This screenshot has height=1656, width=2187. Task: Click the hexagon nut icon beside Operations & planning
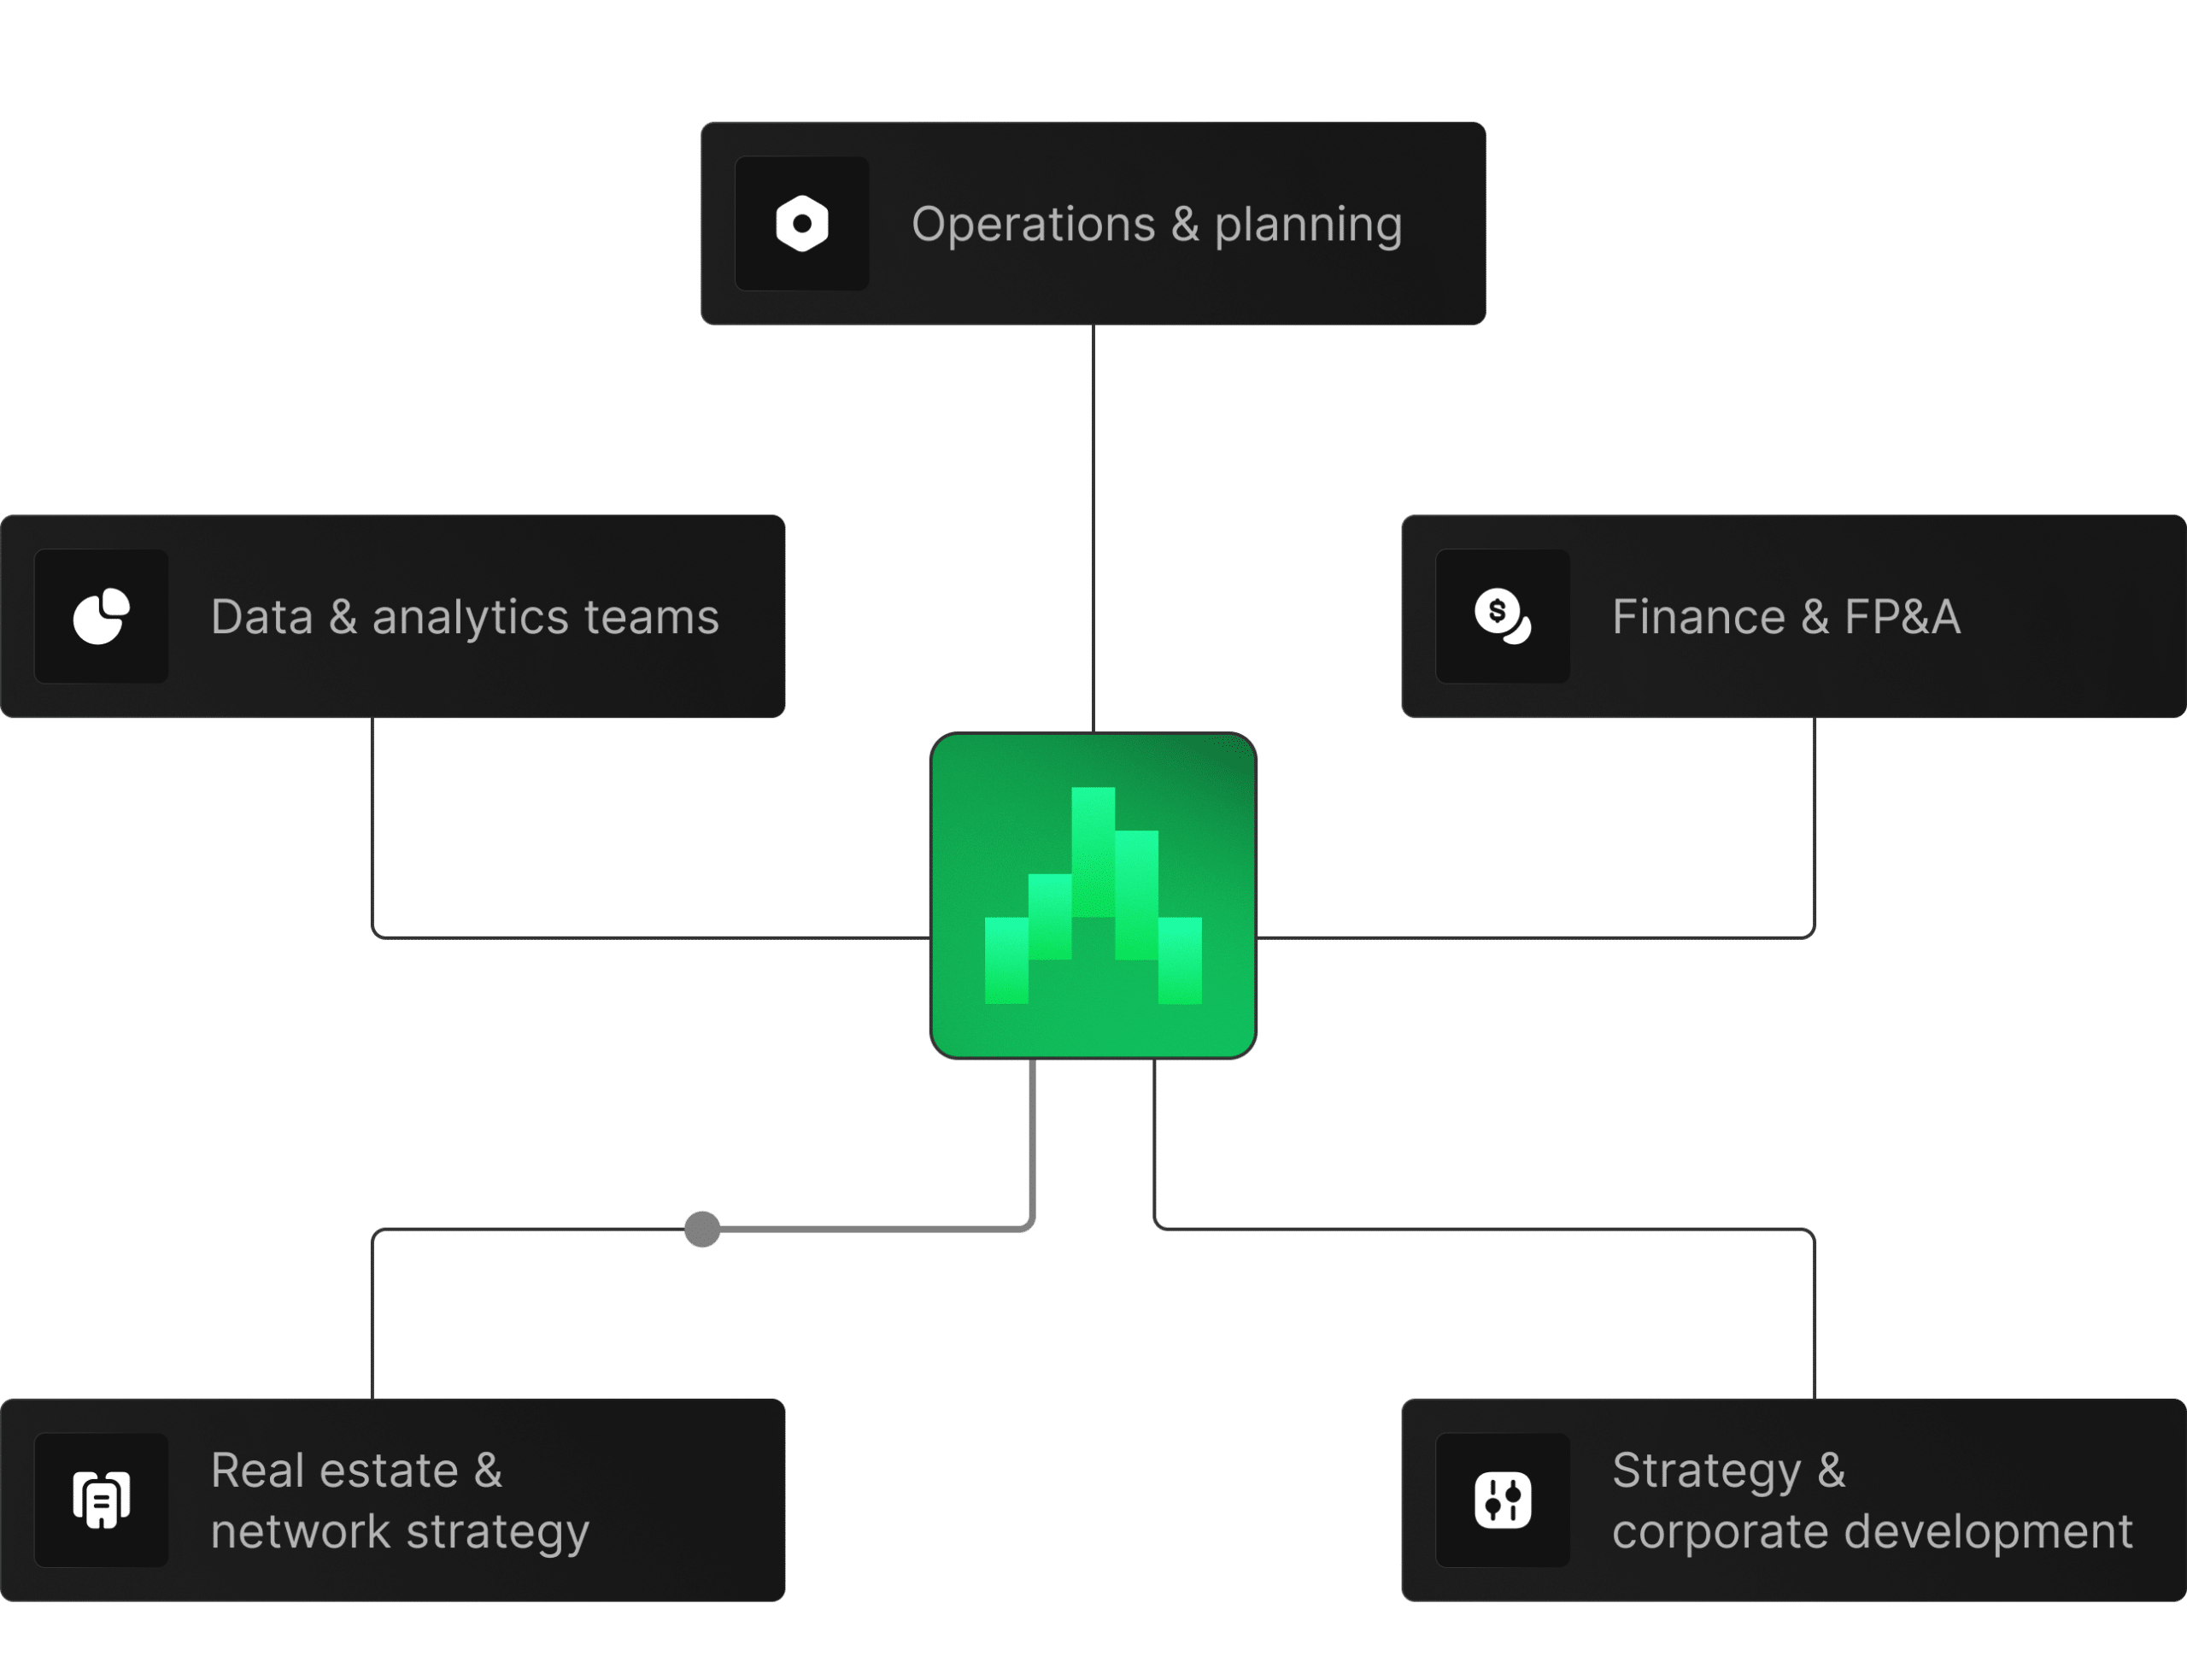pos(802,223)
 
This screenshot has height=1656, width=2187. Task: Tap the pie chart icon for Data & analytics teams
pos(101,616)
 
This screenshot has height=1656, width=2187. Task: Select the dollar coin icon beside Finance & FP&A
pos(1502,616)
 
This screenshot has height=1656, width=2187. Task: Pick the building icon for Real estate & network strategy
pos(101,1500)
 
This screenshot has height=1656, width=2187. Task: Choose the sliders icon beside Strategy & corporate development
pos(1502,1500)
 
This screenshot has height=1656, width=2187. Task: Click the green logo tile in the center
pos(1093,896)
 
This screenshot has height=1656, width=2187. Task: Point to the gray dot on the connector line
pos(702,1229)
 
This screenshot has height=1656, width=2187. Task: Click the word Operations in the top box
pos(1033,225)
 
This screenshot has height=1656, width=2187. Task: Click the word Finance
pos(1698,617)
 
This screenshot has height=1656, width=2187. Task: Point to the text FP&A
pos(1902,617)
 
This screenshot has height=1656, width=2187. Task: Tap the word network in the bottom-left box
pos(301,1531)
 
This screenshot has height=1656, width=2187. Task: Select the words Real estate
pos(334,1470)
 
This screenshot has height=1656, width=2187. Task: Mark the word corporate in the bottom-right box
pos(1721,1532)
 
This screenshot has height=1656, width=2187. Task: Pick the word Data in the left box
pos(261,617)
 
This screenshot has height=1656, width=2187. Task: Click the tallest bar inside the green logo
pos(1093,850)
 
